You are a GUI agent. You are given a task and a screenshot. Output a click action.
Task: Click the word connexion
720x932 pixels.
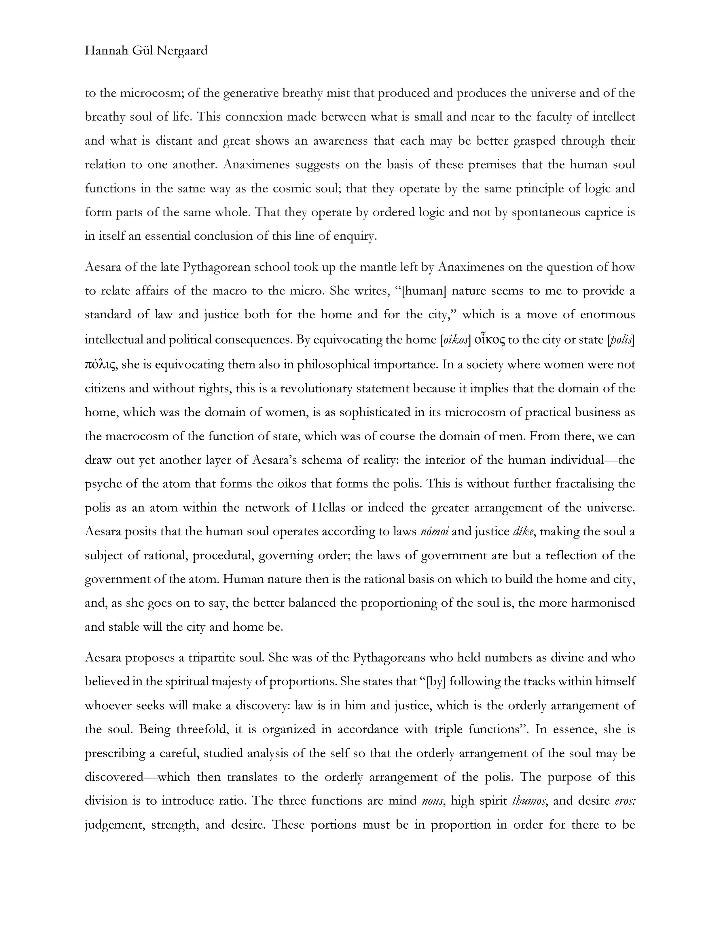[253, 117]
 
